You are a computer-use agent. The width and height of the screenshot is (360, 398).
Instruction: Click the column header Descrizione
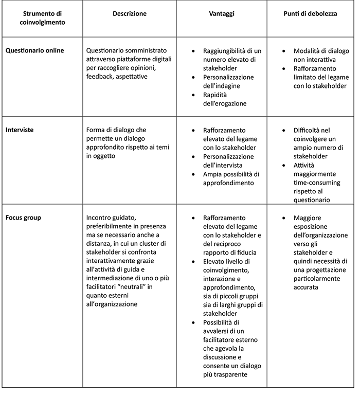click(x=130, y=14)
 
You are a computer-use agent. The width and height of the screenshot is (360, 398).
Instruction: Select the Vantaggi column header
click(x=224, y=14)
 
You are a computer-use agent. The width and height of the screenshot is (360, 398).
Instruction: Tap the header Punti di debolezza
click(x=310, y=14)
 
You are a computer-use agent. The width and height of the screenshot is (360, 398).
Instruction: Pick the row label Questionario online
click(x=35, y=51)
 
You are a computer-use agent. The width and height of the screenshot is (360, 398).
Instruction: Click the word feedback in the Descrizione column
click(x=99, y=77)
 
